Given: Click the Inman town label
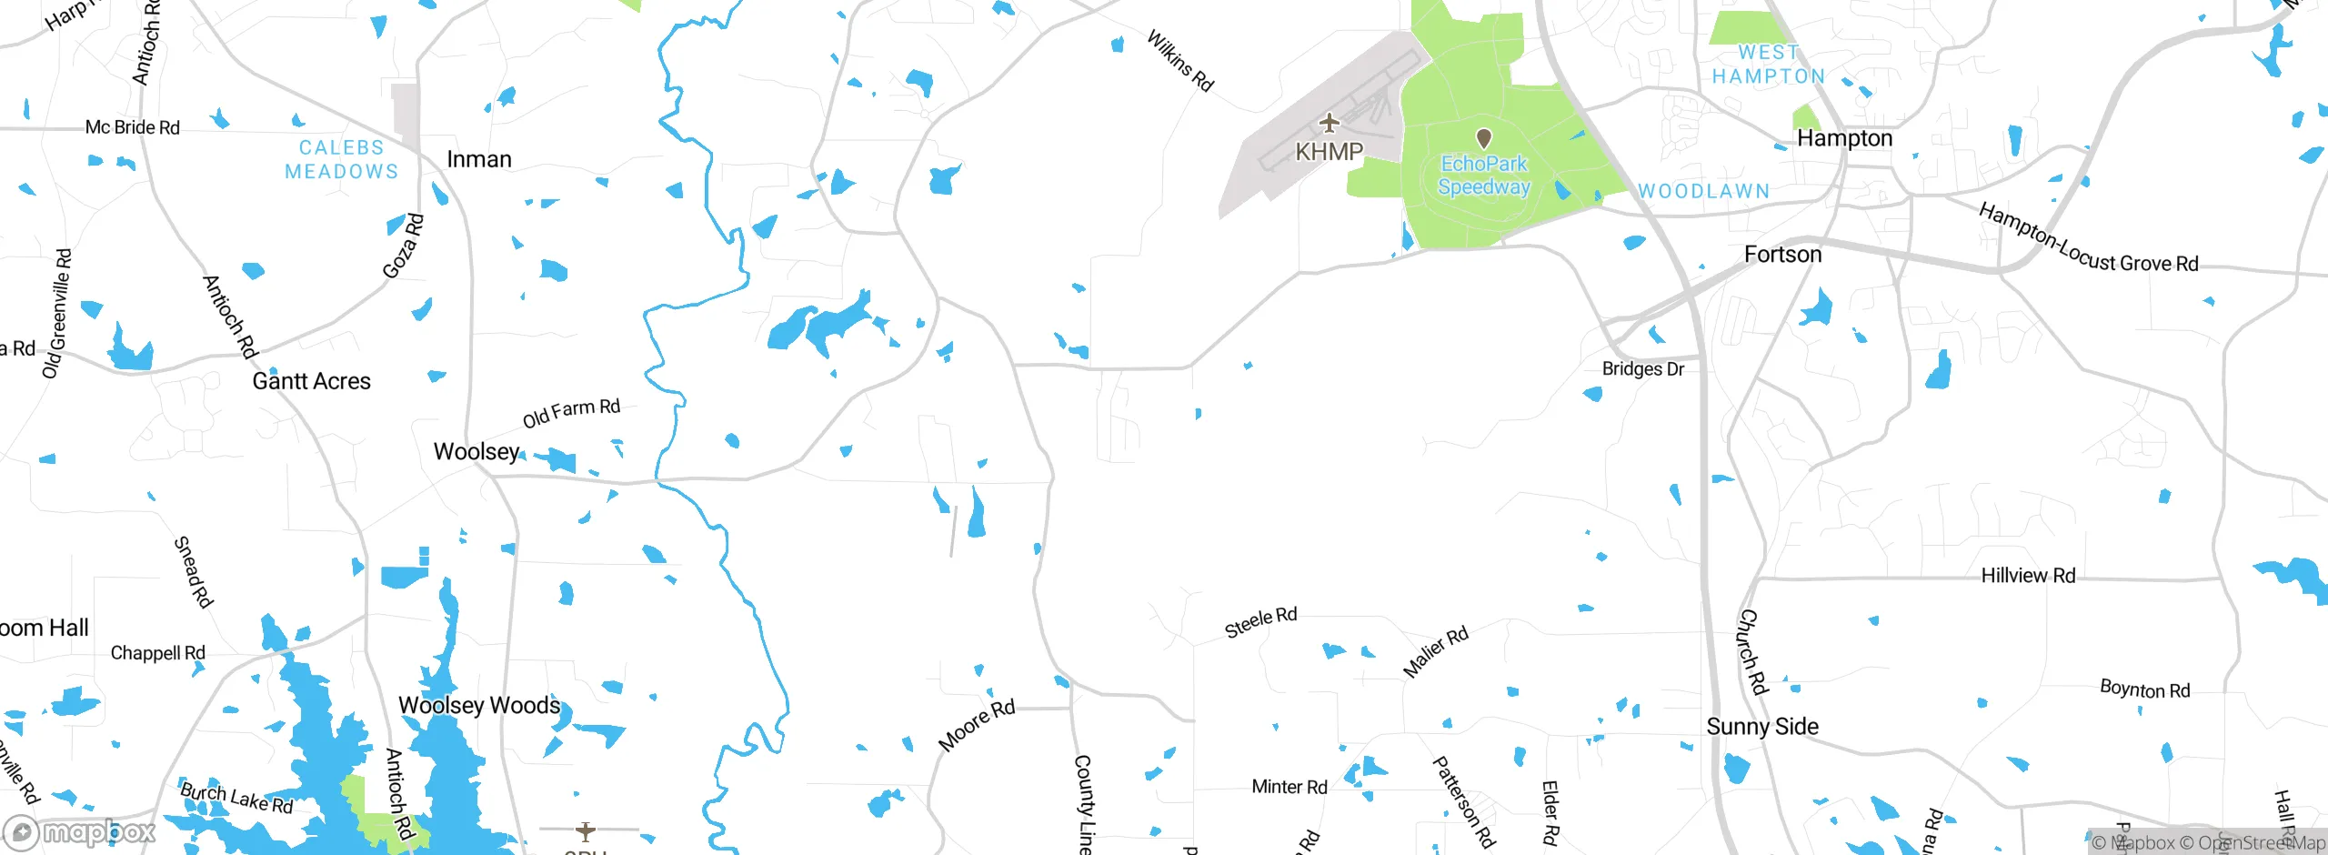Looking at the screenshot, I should click(x=479, y=159).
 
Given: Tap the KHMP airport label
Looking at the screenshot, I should click(x=1329, y=152).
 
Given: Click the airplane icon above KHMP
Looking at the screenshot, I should click(x=1330, y=122).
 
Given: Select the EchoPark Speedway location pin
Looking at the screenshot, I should click(x=1484, y=138).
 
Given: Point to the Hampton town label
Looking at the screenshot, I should click(x=1844, y=138).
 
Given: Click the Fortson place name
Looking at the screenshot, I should click(x=1782, y=255).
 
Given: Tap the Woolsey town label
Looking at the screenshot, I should click(x=476, y=451).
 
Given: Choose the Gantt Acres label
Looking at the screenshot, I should click(x=311, y=381).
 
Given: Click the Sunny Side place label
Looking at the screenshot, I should click(x=1762, y=727).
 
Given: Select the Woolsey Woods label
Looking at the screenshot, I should click(x=479, y=706).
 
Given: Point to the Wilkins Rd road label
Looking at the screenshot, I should click(x=1179, y=61).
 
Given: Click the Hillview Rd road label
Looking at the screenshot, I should click(x=2028, y=576).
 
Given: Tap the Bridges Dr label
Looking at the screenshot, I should click(x=1642, y=369).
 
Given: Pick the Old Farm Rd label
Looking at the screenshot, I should click(x=571, y=412).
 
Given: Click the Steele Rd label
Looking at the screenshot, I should click(x=1260, y=622).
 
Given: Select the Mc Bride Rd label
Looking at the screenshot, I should click(x=133, y=127).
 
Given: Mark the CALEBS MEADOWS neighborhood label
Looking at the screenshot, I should click(x=341, y=159).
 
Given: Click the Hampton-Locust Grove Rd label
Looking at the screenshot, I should click(x=2088, y=239).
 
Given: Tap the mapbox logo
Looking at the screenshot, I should click(x=80, y=831).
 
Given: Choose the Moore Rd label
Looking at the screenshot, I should click(x=976, y=725).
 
